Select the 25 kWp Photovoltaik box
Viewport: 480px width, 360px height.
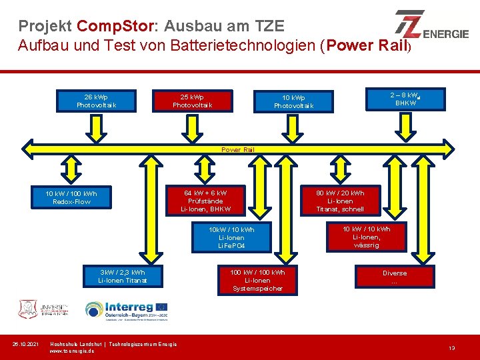193,100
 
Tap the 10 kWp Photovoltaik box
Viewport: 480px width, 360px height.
293,101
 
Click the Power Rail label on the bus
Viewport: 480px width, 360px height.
238,149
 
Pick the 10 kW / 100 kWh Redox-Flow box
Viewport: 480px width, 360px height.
71,197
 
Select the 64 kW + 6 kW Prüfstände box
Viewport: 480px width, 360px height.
205,201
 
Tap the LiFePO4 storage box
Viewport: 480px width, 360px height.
231,238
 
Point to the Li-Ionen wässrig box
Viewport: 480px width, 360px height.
366,237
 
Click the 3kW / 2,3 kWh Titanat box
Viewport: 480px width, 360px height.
121,276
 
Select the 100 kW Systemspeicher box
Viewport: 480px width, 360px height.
257,280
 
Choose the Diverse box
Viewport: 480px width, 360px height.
394,277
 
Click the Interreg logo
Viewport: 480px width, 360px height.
126,310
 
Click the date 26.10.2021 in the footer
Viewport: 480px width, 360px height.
27,344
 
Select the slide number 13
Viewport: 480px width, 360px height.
451,348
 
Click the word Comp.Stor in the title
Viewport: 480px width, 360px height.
115,27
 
